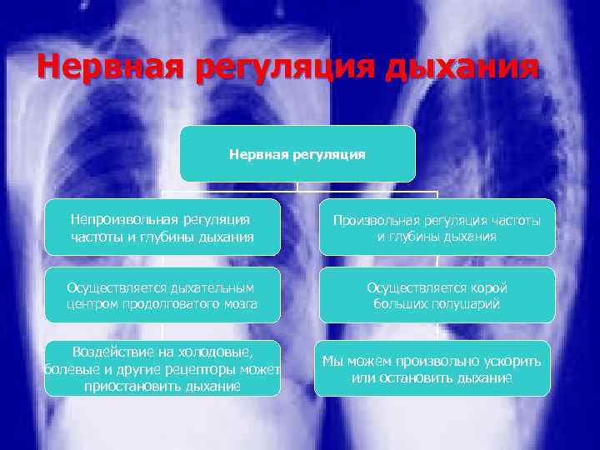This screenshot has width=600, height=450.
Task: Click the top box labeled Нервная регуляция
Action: click(297, 154)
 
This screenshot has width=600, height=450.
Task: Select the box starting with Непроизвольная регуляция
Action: click(162, 227)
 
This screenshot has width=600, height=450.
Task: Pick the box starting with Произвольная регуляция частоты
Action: click(437, 227)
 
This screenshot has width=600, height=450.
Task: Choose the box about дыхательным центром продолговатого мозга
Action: click(162, 295)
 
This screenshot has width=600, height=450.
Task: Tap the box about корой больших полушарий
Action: click(437, 295)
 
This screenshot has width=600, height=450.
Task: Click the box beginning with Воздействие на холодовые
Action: click(162, 368)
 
